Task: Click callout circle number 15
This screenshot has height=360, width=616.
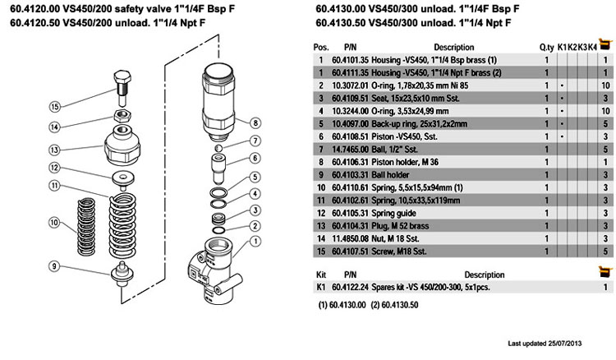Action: pyautogui.click(x=54, y=106)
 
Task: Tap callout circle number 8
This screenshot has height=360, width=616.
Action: pyautogui.click(x=255, y=122)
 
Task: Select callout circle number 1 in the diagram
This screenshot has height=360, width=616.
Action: pyautogui.click(x=255, y=241)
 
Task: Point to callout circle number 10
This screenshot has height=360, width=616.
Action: pyautogui.click(x=54, y=223)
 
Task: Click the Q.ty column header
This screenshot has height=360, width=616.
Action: pyautogui.click(x=546, y=48)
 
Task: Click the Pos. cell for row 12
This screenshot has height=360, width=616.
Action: pyautogui.click(x=321, y=211)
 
